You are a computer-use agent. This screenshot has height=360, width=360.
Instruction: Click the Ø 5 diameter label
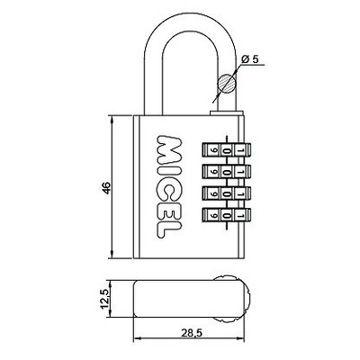coord(249,59)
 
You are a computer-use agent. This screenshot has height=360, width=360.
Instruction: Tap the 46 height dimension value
coord(107,187)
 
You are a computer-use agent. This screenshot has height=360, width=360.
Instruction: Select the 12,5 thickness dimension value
coord(104,299)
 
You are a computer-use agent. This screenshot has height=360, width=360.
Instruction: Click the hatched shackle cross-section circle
coord(227,83)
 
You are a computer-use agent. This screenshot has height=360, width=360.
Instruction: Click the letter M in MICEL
coord(170,149)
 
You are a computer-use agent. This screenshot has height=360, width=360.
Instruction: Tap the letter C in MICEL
coord(170,192)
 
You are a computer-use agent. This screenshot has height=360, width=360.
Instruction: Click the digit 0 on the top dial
coord(228,149)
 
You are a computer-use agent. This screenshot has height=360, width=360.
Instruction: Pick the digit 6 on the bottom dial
coord(213,215)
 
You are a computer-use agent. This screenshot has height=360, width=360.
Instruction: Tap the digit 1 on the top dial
coord(241,149)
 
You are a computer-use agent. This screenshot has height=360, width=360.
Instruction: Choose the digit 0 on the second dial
coord(228,172)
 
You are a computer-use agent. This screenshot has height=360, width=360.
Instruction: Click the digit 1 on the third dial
coord(241,193)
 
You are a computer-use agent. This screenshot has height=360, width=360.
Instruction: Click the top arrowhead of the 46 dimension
coord(112,120)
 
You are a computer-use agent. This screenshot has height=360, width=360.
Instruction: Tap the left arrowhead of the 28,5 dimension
coord(137,338)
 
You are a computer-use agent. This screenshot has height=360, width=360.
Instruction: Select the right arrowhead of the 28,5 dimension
coord(240,338)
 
